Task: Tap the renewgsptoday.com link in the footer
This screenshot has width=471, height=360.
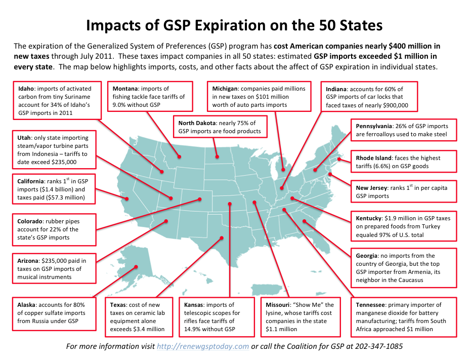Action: (x=203, y=346)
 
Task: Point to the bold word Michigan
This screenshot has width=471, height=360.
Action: (x=226, y=88)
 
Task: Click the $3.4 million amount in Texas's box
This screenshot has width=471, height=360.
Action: (x=150, y=329)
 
